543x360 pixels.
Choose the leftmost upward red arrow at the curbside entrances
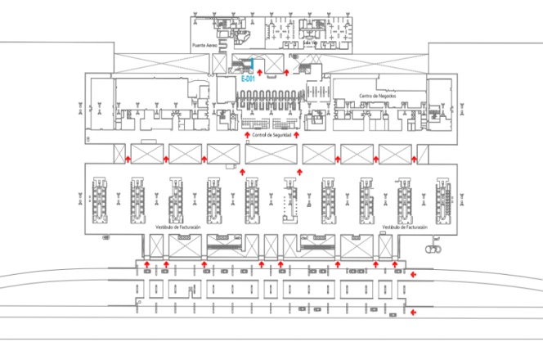pos(146,264)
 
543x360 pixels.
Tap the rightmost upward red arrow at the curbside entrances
pos(396,264)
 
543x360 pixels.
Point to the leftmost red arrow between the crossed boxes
pos(128,155)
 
